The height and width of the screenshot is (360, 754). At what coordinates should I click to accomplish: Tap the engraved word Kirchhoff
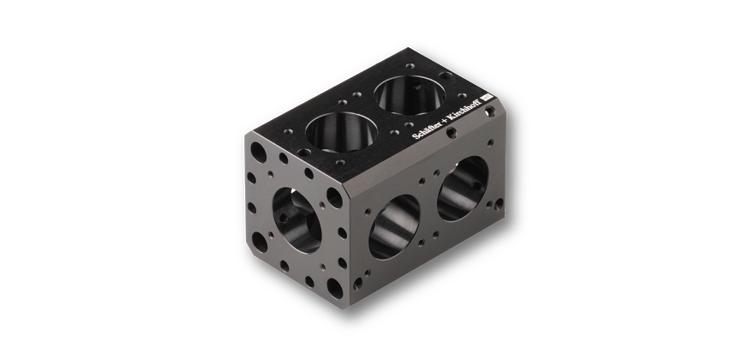point(464,109)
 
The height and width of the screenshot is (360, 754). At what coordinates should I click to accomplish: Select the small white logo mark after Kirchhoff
point(485,97)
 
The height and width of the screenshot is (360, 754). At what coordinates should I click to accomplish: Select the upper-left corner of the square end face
point(248,133)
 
